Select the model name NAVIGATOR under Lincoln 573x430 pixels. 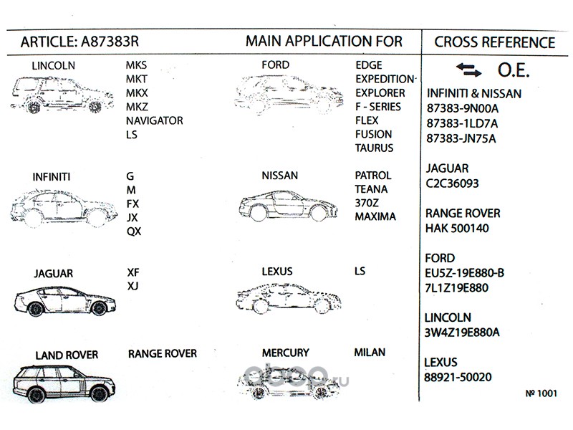154,120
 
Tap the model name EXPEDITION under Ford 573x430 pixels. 385,79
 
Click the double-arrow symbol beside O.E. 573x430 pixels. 469,70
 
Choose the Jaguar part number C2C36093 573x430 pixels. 453,183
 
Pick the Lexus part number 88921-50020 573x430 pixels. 458,376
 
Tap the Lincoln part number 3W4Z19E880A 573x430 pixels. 462,331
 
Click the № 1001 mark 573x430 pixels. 541,393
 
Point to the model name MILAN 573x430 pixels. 370,353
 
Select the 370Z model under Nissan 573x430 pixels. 367,203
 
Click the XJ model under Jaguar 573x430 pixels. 133,286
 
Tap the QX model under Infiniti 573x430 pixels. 134,231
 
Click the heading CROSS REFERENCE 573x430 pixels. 494,42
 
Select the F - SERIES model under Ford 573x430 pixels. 379,107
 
